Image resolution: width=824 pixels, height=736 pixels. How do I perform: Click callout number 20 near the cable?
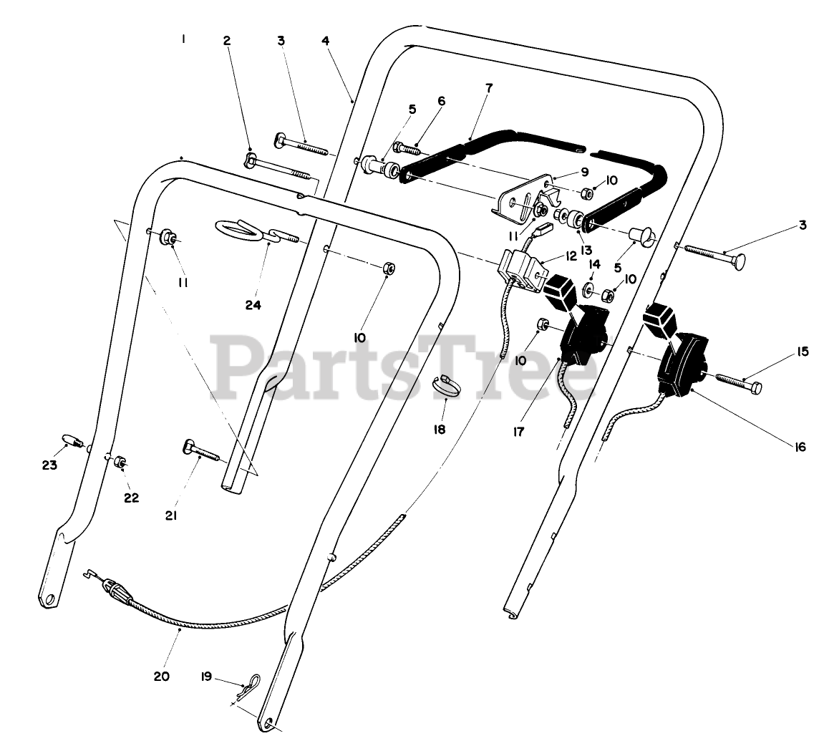tap(162, 675)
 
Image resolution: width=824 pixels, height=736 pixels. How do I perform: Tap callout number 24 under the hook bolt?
tap(253, 304)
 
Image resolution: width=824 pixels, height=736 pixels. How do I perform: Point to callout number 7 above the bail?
tap(488, 88)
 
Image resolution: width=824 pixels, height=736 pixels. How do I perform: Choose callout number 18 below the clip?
tap(439, 429)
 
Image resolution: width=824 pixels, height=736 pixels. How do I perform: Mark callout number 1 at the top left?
tap(183, 40)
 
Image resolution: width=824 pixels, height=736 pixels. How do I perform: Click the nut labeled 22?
tap(120, 461)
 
